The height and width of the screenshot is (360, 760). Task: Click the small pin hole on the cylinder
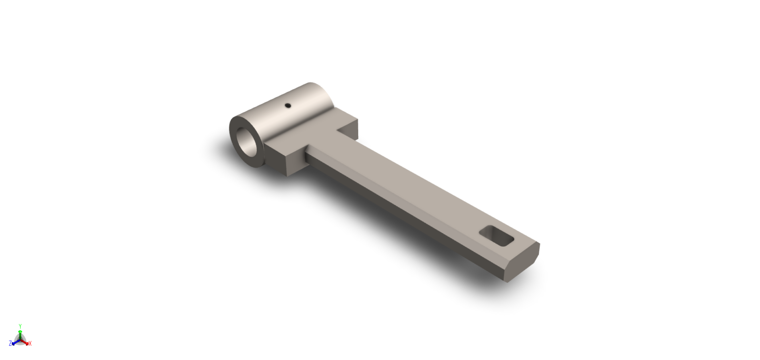tap(287, 105)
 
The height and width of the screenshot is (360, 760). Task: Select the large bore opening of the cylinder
tap(249, 141)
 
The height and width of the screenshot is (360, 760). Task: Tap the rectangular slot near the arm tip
tap(497, 236)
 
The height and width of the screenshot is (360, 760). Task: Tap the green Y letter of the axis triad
tap(20, 326)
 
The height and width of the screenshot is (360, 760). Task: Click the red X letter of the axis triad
tap(30, 344)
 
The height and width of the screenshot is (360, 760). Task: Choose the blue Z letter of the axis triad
tap(10, 344)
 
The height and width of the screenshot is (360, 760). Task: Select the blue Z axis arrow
tap(15, 342)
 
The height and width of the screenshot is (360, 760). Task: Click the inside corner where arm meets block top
tap(337, 132)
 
